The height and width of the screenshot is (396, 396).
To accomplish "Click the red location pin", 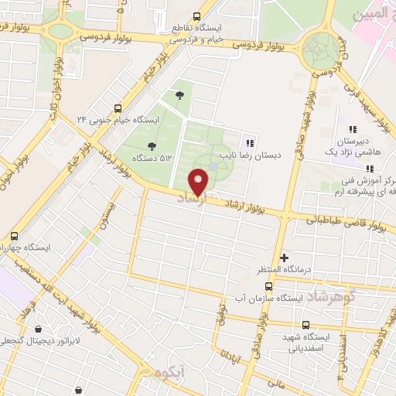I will click(200, 182).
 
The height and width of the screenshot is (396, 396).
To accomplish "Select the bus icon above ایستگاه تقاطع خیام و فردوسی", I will click(196, 16).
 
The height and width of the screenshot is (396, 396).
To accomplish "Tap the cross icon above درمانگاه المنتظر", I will click(284, 258).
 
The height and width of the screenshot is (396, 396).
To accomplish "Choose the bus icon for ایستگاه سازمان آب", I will click(268, 286).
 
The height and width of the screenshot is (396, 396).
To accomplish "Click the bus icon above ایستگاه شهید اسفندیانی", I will click(306, 326).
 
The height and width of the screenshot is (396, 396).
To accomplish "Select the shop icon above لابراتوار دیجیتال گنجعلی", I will click(39, 329).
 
